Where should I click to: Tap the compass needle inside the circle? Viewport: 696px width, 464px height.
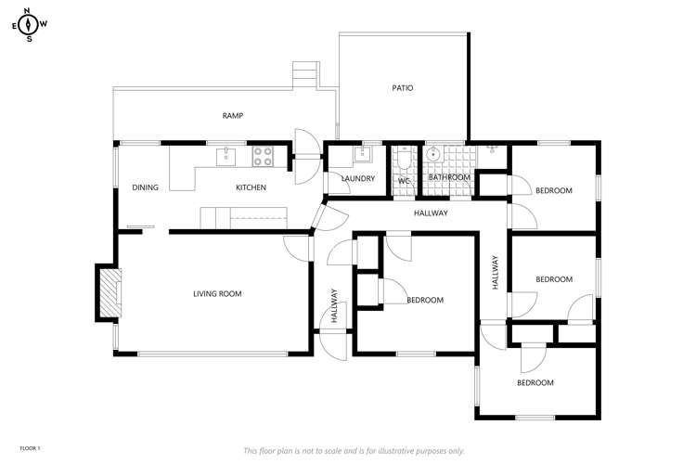[x=29, y=25]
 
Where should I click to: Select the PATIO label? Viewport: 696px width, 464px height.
[x=402, y=88]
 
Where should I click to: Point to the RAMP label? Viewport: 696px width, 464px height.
[x=232, y=116]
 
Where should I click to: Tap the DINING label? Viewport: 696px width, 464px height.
[x=146, y=187]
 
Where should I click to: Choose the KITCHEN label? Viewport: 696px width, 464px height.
[x=251, y=187]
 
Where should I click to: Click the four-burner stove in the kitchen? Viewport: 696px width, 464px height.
[x=263, y=156]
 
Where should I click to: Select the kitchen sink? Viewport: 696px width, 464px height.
[x=227, y=157]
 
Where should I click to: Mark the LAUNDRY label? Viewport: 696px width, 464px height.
[x=357, y=178]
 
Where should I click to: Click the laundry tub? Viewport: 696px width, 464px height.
[x=365, y=155]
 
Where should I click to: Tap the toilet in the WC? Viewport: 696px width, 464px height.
[x=403, y=161]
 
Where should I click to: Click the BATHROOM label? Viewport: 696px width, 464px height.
[x=449, y=177]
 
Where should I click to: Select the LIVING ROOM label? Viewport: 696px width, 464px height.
[x=217, y=294]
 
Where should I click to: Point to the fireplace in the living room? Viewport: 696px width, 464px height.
[x=109, y=294]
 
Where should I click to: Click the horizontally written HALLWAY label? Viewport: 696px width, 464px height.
[x=431, y=213]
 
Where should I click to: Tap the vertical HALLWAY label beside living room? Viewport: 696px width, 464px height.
[x=333, y=305]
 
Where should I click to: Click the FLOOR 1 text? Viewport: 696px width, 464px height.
[x=30, y=448]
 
